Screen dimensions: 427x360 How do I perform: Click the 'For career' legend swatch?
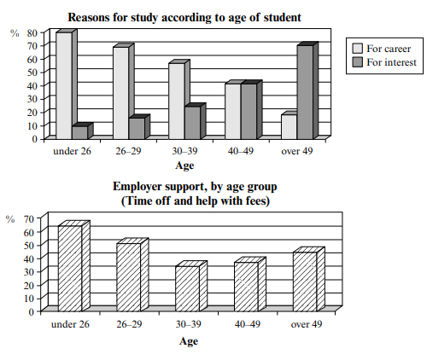pos(358,49)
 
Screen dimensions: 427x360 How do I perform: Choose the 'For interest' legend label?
pos(391,62)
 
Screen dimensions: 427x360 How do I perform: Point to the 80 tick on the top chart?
pos(32,33)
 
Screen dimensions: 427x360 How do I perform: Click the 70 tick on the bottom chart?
pos(29,219)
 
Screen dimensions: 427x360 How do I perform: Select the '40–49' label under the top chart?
pos(240,151)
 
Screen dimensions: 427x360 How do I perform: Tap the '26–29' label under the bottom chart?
pos(129,324)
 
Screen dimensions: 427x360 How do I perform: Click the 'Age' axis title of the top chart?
pos(184,165)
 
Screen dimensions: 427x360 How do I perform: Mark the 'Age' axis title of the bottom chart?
pos(189,341)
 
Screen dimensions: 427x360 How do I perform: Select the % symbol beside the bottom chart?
pos(10,219)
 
